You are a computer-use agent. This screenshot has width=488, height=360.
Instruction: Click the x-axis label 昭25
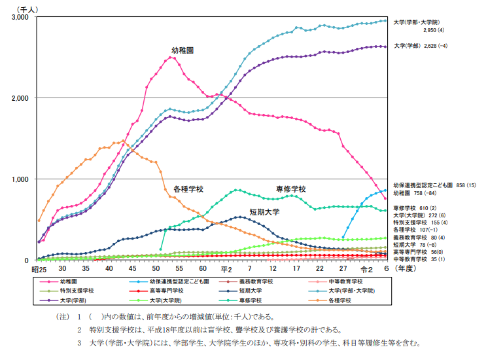38,269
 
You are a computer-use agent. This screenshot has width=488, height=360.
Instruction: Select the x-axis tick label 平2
227,269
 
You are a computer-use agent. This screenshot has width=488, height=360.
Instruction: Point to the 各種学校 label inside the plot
188,189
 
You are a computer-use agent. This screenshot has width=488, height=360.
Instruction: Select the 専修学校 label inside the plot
291,189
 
